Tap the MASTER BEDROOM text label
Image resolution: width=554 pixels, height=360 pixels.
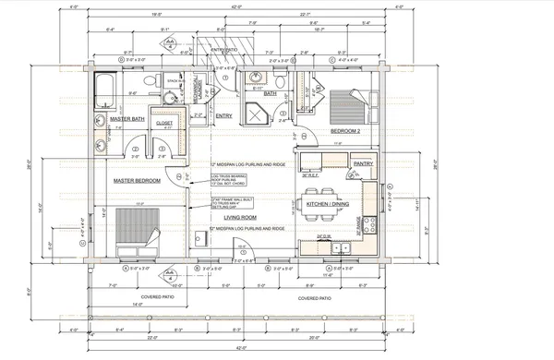point(138,181)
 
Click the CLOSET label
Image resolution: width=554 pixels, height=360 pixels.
point(165,121)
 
